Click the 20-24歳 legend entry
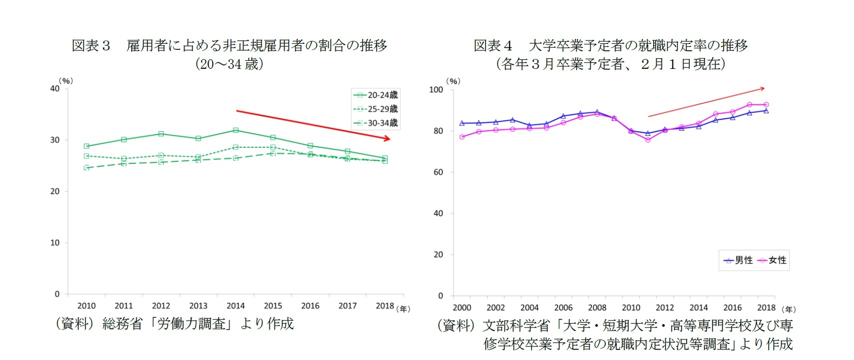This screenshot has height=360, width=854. (375, 95)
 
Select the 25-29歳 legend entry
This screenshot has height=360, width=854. (375, 109)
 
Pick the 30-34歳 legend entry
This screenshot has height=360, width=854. (375, 123)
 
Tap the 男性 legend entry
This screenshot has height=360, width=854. (738, 260)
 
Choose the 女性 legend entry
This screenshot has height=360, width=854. (772, 260)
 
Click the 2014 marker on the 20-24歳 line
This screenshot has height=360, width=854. (236, 130)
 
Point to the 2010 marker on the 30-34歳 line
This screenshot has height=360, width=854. (86, 168)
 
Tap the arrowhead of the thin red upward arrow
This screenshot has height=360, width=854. (762, 89)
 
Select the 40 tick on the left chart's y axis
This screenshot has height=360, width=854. (55, 89)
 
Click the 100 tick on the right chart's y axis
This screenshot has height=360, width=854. (436, 90)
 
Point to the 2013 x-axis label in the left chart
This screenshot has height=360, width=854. (198, 306)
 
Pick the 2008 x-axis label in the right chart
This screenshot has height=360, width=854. (597, 308)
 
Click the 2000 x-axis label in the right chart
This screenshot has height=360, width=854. (462, 308)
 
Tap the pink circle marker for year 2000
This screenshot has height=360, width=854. (462, 137)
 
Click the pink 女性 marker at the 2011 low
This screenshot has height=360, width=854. (648, 140)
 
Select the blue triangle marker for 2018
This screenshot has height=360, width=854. (766, 111)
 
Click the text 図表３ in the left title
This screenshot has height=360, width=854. (91, 46)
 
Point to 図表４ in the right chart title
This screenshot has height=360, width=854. (493, 46)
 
